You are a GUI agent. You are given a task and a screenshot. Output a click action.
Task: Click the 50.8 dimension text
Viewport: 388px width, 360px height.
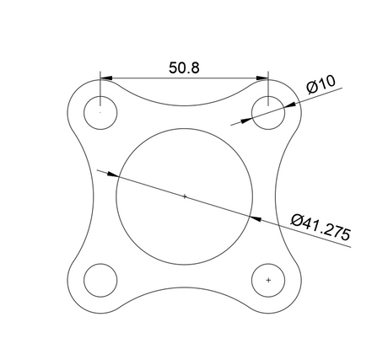point(184,68)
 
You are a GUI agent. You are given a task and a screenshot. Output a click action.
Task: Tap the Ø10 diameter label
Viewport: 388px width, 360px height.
point(321,84)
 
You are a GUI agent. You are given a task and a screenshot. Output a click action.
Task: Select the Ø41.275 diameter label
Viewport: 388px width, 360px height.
point(321,227)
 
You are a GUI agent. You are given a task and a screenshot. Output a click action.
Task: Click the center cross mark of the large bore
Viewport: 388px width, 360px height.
point(185,196)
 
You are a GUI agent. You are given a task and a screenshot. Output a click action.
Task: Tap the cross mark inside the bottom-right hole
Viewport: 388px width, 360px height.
point(268,280)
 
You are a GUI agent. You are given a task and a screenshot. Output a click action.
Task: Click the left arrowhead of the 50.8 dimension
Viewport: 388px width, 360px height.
point(106,78)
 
